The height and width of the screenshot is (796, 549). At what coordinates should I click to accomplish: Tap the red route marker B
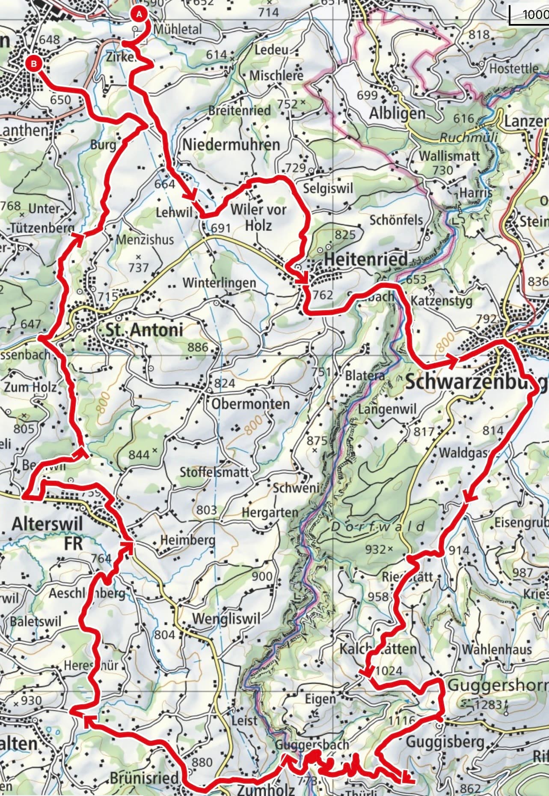click(x=34, y=63)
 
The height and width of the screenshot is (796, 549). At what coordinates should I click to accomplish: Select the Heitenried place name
click(x=366, y=259)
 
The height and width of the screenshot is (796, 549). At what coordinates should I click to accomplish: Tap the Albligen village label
click(x=397, y=113)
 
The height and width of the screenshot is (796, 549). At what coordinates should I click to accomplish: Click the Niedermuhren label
click(x=231, y=144)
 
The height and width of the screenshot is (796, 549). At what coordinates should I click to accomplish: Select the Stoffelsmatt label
click(x=214, y=473)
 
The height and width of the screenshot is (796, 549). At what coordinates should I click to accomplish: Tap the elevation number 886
click(x=197, y=347)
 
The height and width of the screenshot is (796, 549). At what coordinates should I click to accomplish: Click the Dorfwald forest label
click(x=378, y=527)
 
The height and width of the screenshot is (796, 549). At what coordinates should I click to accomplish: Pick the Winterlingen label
click(x=219, y=283)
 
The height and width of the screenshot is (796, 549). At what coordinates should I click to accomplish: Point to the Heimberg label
click(x=187, y=540)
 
